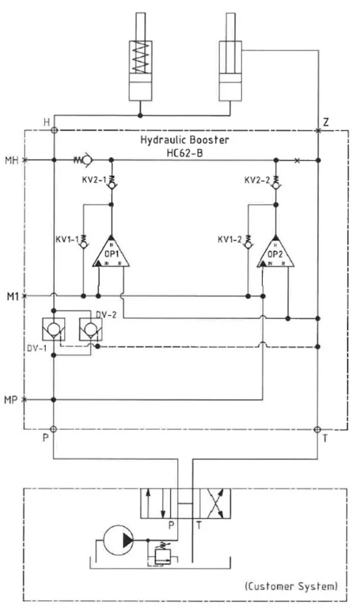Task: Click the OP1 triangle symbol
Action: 111,252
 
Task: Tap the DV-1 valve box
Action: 54,329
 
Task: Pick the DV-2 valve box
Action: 90,329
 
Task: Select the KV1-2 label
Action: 230,240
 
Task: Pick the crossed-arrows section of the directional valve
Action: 215,503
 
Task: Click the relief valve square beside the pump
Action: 162,556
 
